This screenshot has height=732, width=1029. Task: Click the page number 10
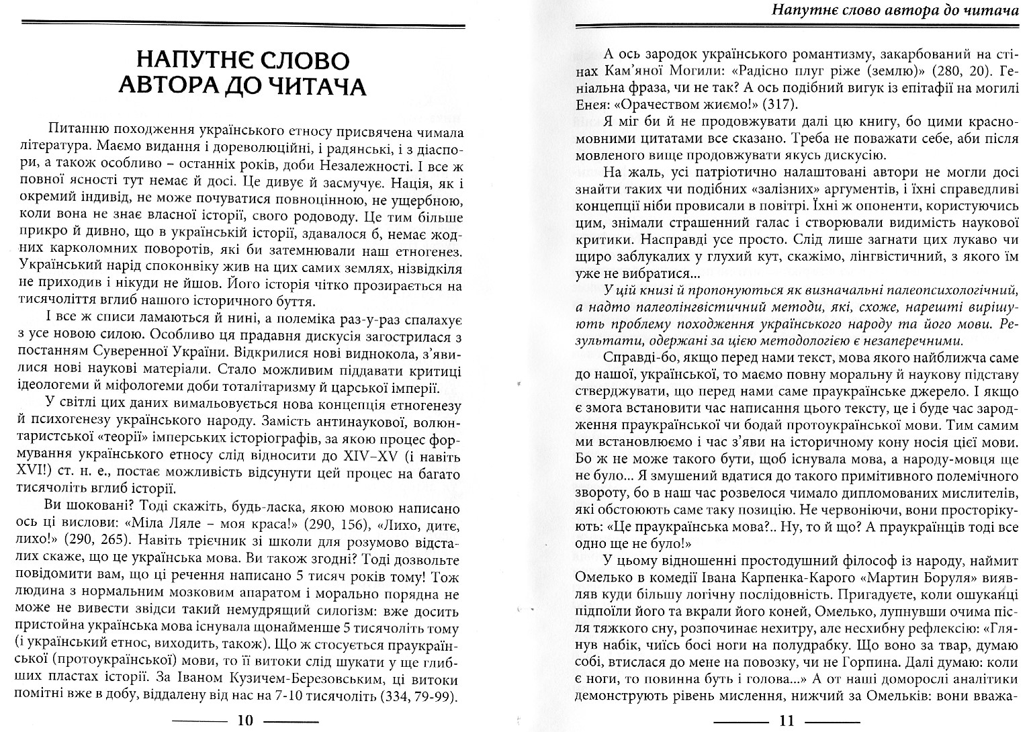click(x=245, y=721)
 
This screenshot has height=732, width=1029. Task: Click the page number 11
click(x=786, y=721)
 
